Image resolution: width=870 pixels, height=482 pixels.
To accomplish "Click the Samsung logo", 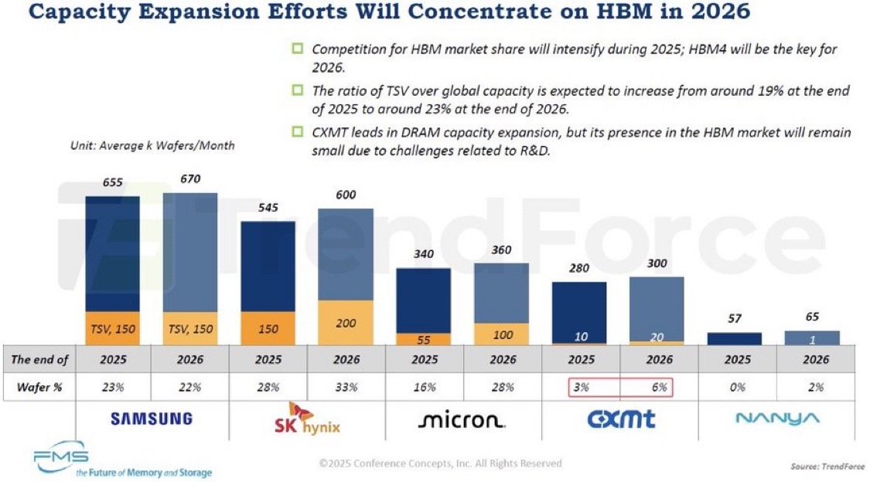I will [151, 419].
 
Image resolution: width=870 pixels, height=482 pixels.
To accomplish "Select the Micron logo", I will [462, 420].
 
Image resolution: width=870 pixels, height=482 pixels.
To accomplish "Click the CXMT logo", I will [620, 419].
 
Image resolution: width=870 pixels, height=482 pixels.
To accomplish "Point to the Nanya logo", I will [776, 419].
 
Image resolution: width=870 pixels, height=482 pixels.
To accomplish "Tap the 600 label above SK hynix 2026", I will [346, 195].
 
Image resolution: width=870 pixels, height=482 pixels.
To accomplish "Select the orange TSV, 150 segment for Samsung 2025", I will [112, 328].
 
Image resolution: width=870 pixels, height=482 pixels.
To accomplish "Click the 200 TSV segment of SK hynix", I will [346, 323].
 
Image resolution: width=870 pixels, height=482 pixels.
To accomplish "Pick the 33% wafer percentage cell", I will [346, 387].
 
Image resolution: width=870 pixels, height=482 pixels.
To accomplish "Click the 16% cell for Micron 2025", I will [424, 387].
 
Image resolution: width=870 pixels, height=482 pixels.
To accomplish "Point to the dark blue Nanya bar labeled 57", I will [734, 338].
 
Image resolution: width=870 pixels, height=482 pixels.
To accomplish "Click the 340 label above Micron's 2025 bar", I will [424, 254].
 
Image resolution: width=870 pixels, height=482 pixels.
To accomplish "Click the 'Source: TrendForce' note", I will [826, 467].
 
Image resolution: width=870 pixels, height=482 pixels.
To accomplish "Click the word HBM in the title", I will [562, 13].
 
